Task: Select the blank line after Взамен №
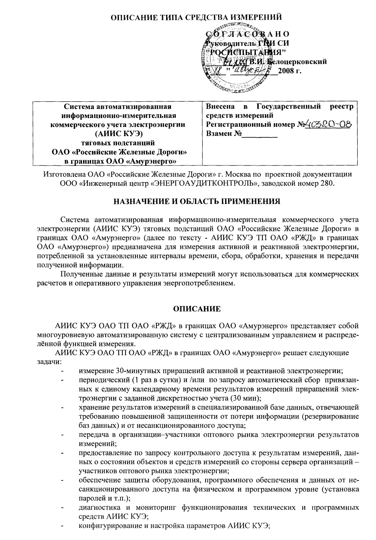[259, 134]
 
